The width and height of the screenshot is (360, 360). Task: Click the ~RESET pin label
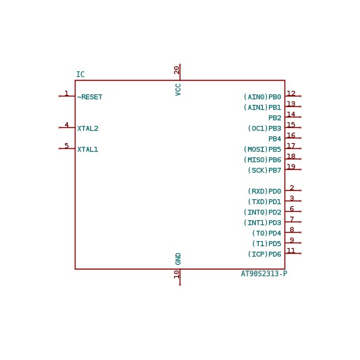[89, 97]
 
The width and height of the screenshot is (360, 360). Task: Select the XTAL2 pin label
[88, 129]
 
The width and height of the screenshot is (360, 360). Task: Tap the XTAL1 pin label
[87, 150]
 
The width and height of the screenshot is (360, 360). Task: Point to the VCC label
[178, 89]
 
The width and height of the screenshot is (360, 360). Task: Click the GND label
[178, 259]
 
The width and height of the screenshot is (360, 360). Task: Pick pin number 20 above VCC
[177, 70]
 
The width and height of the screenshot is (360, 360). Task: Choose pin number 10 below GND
[177, 274]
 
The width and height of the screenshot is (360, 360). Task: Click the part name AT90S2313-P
[264, 273]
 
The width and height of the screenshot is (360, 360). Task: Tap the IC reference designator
[80, 74]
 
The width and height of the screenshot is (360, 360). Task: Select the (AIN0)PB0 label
[262, 97]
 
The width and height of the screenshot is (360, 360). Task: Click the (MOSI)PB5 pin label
[262, 150]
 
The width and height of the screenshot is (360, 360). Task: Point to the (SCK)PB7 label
[264, 171]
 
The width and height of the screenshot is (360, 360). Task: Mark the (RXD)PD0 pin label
[264, 192]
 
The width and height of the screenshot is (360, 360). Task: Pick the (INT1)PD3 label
[262, 223]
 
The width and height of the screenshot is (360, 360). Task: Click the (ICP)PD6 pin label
[264, 254]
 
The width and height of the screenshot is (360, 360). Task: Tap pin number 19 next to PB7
[291, 166]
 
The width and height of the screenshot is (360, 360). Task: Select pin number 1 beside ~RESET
[66, 94]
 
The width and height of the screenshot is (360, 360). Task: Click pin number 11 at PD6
[291, 250]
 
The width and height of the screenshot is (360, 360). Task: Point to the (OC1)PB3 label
[264, 129]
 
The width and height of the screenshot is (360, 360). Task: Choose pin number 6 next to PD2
[291, 208]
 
